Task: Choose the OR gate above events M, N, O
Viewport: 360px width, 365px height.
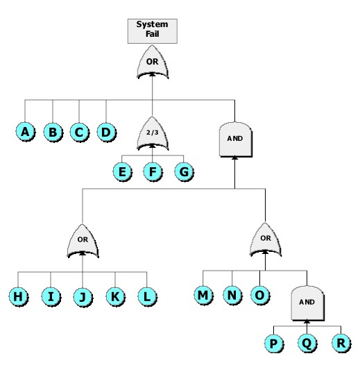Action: pos(266,239)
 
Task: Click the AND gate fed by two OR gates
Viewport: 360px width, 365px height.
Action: pos(235,138)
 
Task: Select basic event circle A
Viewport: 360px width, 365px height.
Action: pos(26,132)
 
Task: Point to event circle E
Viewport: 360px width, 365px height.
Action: pos(123,171)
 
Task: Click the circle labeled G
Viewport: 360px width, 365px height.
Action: pos(183,171)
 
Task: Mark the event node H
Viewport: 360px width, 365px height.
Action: pos(18,297)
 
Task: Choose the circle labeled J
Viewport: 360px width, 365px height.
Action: pos(83,297)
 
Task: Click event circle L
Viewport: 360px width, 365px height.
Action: pos(146,297)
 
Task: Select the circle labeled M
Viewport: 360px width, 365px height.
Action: pos(203,296)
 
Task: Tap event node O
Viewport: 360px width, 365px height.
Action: pos(259,296)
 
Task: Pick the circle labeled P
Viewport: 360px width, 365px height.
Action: pos(274,343)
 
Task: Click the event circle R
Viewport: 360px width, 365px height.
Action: pos(340,343)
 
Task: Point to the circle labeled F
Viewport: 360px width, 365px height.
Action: pos(153,171)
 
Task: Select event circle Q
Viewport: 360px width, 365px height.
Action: pos(307,343)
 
